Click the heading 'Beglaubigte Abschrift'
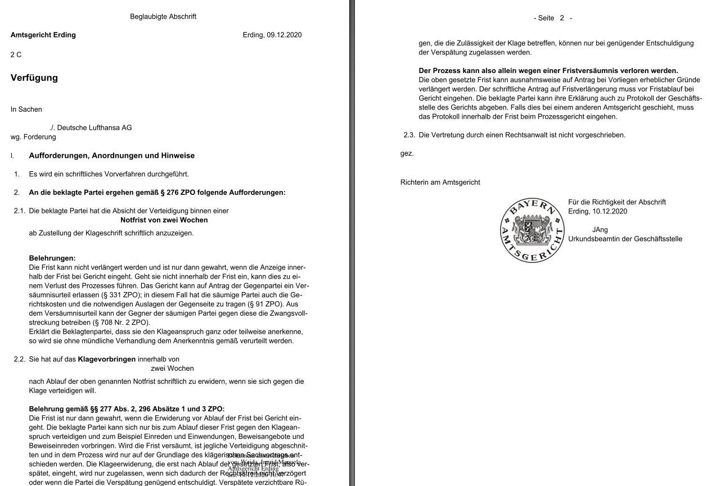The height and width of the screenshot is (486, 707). [163, 17]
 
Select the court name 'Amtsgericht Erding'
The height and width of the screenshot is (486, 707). [43, 35]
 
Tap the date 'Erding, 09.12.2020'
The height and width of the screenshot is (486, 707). [272, 35]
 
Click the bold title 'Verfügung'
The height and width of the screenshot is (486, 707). [34, 78]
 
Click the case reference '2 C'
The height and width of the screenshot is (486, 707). [16, 54]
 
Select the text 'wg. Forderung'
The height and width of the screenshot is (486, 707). [33, 137]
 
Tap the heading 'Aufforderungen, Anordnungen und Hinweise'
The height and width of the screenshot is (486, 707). [112, 156]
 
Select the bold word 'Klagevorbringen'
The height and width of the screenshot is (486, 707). [106, 359]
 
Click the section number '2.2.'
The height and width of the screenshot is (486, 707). [20, 359]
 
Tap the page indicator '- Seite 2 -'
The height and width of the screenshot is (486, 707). [553, 18]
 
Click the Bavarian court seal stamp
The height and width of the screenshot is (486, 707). [532, 230]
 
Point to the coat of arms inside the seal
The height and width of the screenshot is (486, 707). [532, 230]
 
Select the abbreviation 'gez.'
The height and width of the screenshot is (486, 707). [407, 153]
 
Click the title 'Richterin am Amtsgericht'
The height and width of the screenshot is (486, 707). [440, 183]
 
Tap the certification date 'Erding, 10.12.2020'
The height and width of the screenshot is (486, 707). [597, 211]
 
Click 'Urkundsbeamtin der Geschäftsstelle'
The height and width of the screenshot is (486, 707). [625, 239]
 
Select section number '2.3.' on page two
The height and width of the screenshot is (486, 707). [409, 135]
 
